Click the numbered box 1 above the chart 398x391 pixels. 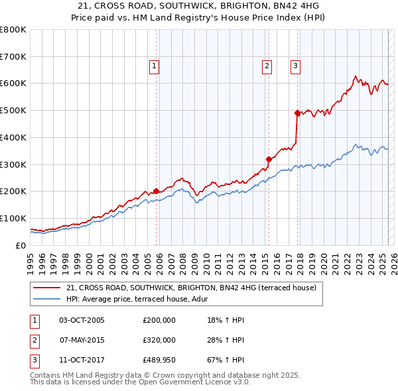154,66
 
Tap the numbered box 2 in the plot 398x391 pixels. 266,66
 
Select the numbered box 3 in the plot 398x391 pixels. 295,66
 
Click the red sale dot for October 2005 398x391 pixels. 157,191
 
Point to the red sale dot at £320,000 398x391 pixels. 269,159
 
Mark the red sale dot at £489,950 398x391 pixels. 297,113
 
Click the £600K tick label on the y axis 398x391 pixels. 13,84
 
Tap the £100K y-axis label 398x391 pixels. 13,218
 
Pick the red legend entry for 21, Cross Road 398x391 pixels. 192,288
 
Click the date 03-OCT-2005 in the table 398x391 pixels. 82,320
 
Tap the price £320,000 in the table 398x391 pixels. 159,340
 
